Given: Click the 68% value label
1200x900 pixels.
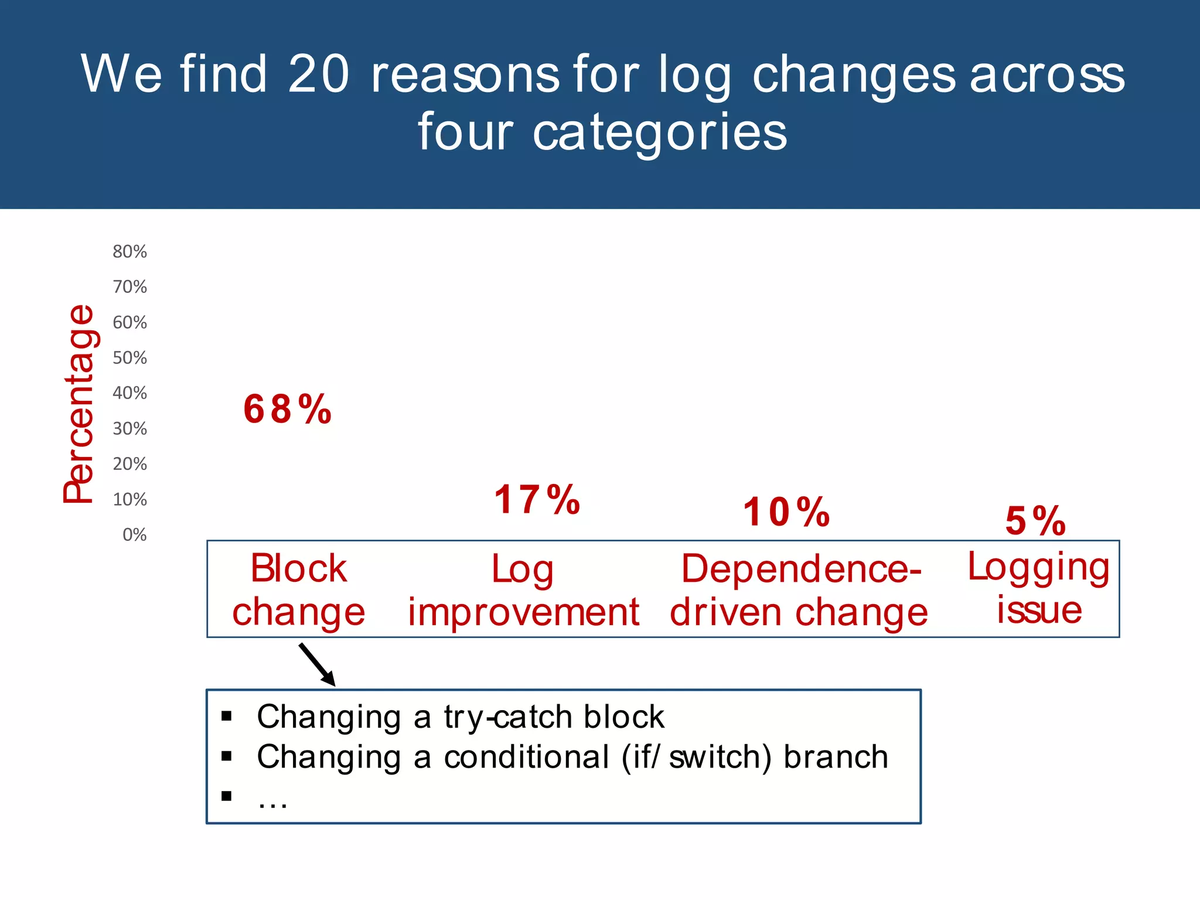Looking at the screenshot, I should [x=287, y=409].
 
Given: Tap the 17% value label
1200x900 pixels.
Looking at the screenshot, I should [x=537, y=500].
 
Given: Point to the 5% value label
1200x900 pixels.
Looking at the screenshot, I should [x=1035, y=521].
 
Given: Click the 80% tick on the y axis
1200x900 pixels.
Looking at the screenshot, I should [x=129, y=252].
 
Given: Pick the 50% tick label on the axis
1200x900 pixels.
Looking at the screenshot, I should [x=129, y=358].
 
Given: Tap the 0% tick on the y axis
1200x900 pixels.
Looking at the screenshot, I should [x=134, y=535].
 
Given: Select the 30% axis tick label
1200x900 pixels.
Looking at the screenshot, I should [x=129, y=429].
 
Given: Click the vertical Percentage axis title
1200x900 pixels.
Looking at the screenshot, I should [x=79, y=404].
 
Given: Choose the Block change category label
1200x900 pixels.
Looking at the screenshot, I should [x=298, y=589].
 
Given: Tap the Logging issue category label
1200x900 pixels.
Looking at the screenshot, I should [x=1039, y=588].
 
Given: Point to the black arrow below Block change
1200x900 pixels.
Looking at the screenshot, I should [x=317, y=664].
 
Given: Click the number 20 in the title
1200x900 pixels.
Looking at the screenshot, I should [x=319, y=74].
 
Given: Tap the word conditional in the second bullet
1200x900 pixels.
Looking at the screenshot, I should [x=526, y=756].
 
